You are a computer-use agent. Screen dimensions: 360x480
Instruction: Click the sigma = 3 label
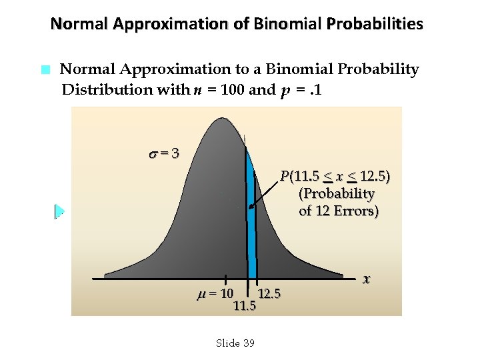tap(163, 153)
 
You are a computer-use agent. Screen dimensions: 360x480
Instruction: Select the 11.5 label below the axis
tap(245, 306)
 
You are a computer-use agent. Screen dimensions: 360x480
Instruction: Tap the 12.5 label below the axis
tap(269, 293)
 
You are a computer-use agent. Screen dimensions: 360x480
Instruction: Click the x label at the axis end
tap(366, 278)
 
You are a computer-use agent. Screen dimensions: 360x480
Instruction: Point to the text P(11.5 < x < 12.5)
tap(335, 177)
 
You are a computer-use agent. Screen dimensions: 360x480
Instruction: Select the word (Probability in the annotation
tap(337, 194)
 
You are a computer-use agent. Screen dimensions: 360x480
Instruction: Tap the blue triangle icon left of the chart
tap(59, 211)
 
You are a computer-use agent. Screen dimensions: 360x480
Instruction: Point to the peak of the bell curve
tap(220, 121)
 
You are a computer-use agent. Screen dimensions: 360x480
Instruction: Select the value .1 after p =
tap(313, 89)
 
